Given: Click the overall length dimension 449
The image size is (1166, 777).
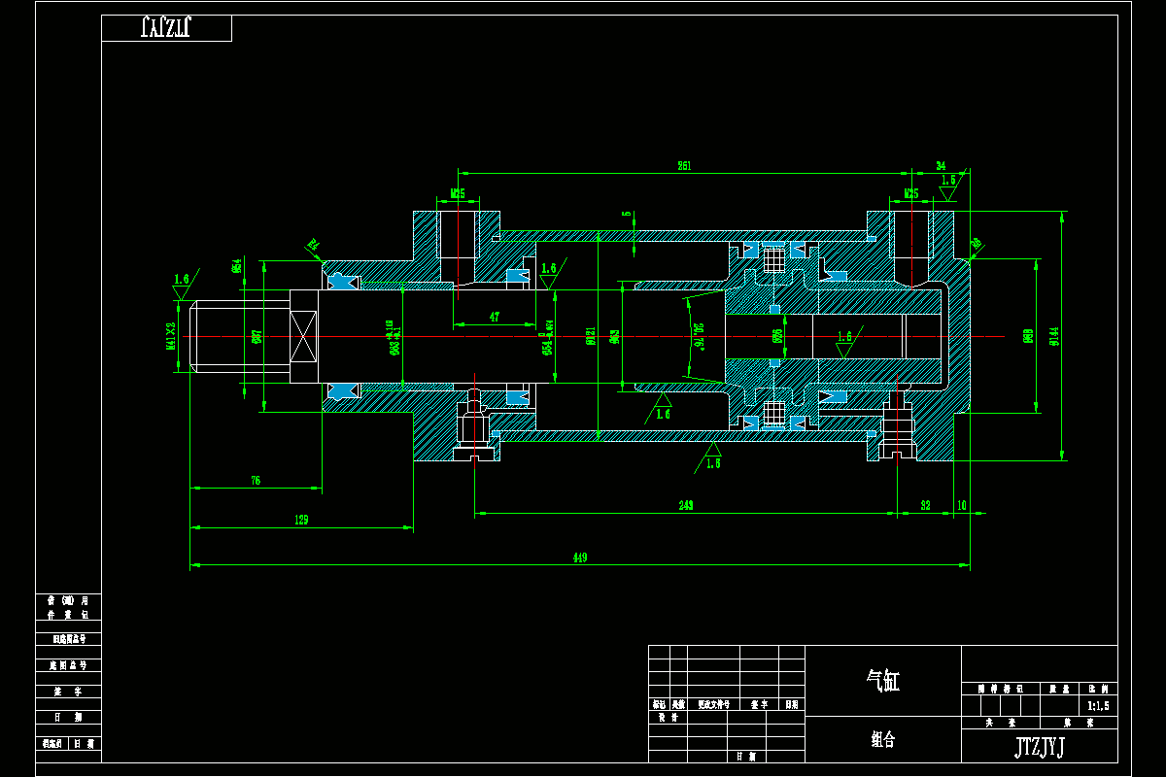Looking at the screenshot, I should coord(579,557).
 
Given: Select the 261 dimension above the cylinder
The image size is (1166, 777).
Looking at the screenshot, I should coord(684,167).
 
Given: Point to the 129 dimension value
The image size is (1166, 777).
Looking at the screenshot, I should coord(301,521).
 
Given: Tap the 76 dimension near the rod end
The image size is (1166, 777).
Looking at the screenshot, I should coord(256,481).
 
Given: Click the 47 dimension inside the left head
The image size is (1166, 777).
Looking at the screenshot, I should coord(495,317).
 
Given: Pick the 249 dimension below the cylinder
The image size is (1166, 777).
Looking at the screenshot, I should coord(686,506).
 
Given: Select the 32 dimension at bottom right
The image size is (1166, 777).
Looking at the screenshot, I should coord(925,506).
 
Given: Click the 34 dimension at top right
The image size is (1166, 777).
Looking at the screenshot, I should coord(940,166).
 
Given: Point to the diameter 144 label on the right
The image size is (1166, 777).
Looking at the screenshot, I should coord(1053,336).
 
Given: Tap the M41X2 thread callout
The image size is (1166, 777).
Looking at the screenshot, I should coord(171,335).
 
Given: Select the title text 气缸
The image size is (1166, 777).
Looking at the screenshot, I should coord(883,681).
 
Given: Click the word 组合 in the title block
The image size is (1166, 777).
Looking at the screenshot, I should coord(883,740).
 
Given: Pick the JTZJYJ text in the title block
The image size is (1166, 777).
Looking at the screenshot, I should coord(1040,746).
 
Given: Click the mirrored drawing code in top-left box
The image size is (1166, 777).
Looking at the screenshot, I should coord(165,27).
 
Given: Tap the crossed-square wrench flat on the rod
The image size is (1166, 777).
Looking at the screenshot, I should coord(304,336).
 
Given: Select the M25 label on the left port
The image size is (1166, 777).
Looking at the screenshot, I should coord(458,194).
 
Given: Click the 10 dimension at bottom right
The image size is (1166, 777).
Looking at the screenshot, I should coord(961,506).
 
